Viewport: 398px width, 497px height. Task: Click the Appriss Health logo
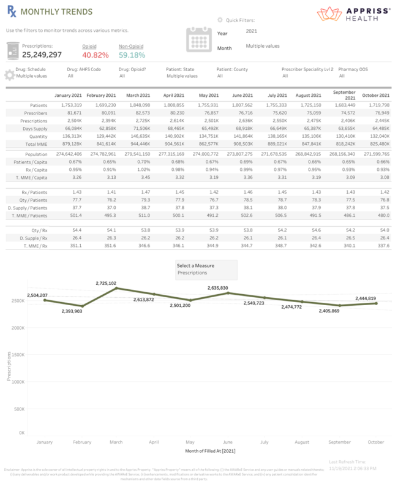point(354,13)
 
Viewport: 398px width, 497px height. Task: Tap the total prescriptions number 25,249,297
point(42,55)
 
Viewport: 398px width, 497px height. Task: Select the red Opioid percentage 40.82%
point(95,55)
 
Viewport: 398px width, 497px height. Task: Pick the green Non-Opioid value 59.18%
point(132,55)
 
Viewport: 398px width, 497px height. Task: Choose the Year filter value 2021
point(251,31)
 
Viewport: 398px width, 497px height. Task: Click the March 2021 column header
point(138,96)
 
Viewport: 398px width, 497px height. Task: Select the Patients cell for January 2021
point(68,105)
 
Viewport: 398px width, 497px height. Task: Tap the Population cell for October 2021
point(375,154)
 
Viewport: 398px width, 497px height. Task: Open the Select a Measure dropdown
point(206,269)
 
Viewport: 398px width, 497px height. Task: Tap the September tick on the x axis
point(339,441)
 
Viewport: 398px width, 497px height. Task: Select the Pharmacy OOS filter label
point(353,69)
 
